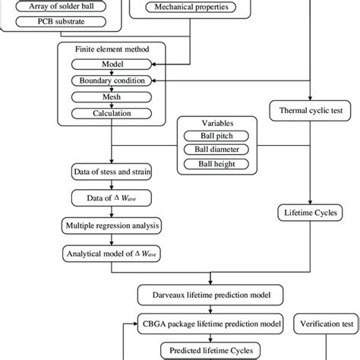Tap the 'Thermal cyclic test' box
pos(310,111)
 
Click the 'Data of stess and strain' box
pos(112,172)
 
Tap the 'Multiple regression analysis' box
pos(112,226)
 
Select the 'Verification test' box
pos(327,323)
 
